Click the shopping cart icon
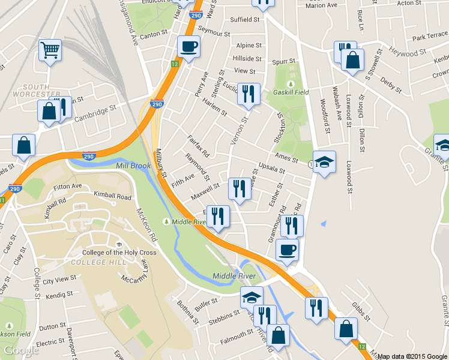[x=50, y=50]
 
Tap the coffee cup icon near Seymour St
[x=189, y=47]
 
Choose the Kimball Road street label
[x=112, y=196]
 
